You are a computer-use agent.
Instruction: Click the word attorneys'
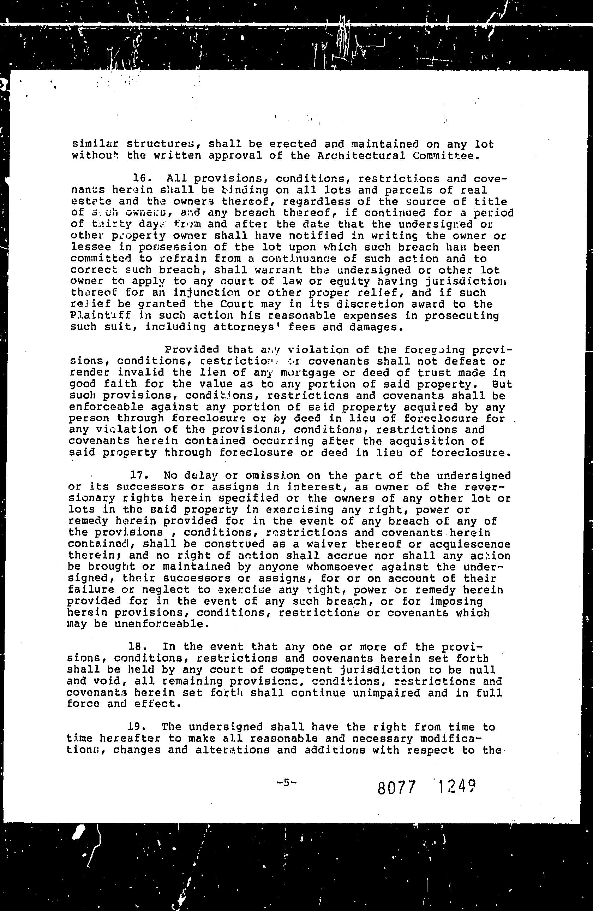(246, 327)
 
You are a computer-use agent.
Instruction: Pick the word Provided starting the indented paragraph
(191, 350)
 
